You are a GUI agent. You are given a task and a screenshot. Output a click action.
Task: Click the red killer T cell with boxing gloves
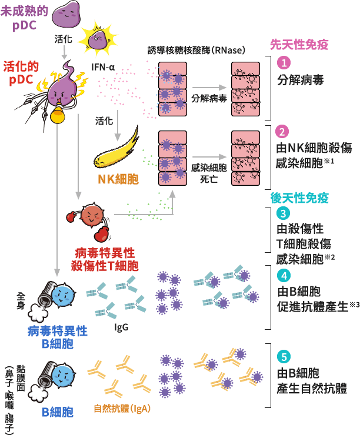pyautogui.click(x=92, y=218)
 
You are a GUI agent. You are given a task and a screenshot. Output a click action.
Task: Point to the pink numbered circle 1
pyautogui.click(x=284, y=62)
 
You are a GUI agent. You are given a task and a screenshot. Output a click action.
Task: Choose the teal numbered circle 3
pyautogui.click(x=284, y=213)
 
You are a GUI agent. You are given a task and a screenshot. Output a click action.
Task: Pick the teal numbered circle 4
pyautogui.click(x=284, y=275)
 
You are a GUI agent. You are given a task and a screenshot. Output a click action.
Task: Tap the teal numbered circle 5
pyautogui.click(x=284, y=356)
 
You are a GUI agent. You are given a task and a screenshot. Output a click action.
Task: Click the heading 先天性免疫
pyautogui.click(x=299, y=44)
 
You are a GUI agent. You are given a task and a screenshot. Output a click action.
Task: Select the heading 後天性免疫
pyautogui.click(x=299, y=198)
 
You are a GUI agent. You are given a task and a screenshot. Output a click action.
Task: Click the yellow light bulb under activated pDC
pyautogui.click(x=57, y=115)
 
